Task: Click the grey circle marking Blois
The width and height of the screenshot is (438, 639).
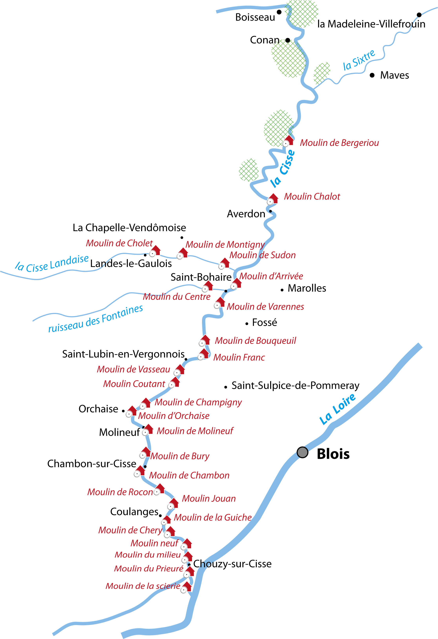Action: [303, 452]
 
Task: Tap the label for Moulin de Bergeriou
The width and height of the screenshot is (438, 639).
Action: [339, 143]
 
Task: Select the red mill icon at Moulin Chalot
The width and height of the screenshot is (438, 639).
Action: [273, 199]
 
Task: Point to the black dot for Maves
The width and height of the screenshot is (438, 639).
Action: [372, 75]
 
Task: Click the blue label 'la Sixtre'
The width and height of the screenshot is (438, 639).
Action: [359, 60]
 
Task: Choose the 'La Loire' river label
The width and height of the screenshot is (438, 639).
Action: [337, 409]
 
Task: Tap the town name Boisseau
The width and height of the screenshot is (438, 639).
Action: [255, 17]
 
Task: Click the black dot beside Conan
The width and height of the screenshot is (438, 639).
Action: [288, 40]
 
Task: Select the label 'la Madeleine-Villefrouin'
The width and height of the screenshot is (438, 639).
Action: [371, 24]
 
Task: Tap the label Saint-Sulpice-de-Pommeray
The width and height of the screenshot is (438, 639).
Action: [295, 385]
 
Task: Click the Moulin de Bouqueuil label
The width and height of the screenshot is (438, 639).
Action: [255, 341]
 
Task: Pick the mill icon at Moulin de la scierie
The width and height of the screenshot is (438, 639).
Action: [187, 588]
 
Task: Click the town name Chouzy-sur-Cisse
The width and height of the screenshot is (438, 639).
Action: [232, 564]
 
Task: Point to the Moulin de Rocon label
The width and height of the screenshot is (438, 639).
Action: [120, 492]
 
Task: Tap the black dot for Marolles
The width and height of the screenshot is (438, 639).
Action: [282, 290]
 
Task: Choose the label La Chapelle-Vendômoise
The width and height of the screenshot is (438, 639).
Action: [129, 228]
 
